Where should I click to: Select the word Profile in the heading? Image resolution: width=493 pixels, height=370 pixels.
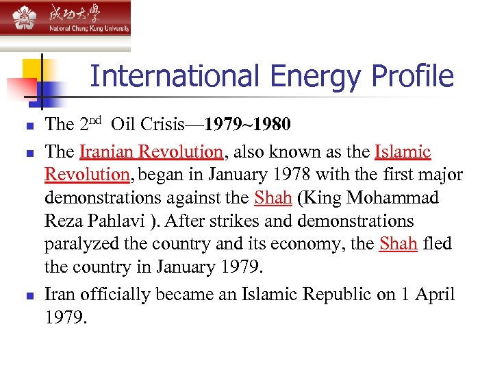(x=414, y=76)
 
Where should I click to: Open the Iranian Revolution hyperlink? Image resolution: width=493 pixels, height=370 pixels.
(x=151, y=151)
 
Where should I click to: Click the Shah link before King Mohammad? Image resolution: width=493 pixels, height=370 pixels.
(x=273, y=198)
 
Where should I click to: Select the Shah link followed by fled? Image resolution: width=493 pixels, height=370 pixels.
(x=398, y=245)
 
